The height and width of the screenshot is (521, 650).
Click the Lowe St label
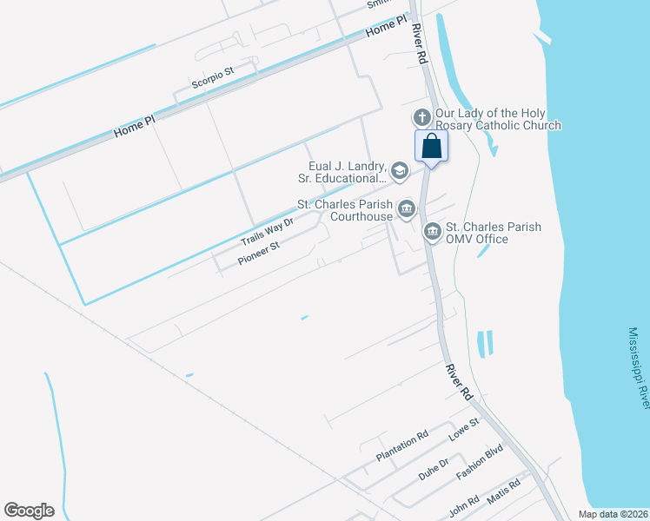point(464,430)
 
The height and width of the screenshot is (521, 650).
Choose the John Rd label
point(464,507)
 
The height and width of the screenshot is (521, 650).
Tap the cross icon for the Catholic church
point(421,117)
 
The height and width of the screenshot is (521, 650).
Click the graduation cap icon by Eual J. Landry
point(399,170)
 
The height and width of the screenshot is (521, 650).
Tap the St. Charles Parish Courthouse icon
point(406,208)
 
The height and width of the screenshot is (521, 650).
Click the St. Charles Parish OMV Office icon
point(432,232)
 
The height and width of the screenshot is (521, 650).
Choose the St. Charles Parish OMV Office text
point(493,233)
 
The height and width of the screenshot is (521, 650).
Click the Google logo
point(29,511)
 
